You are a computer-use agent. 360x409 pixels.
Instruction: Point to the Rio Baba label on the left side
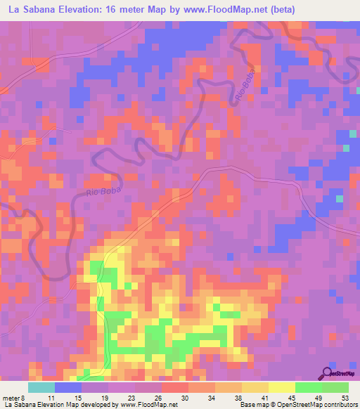coord(103,189)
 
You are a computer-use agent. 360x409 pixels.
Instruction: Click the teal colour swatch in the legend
coord(41,387)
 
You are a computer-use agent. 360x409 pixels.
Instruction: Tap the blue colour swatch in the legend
coord(68,387)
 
